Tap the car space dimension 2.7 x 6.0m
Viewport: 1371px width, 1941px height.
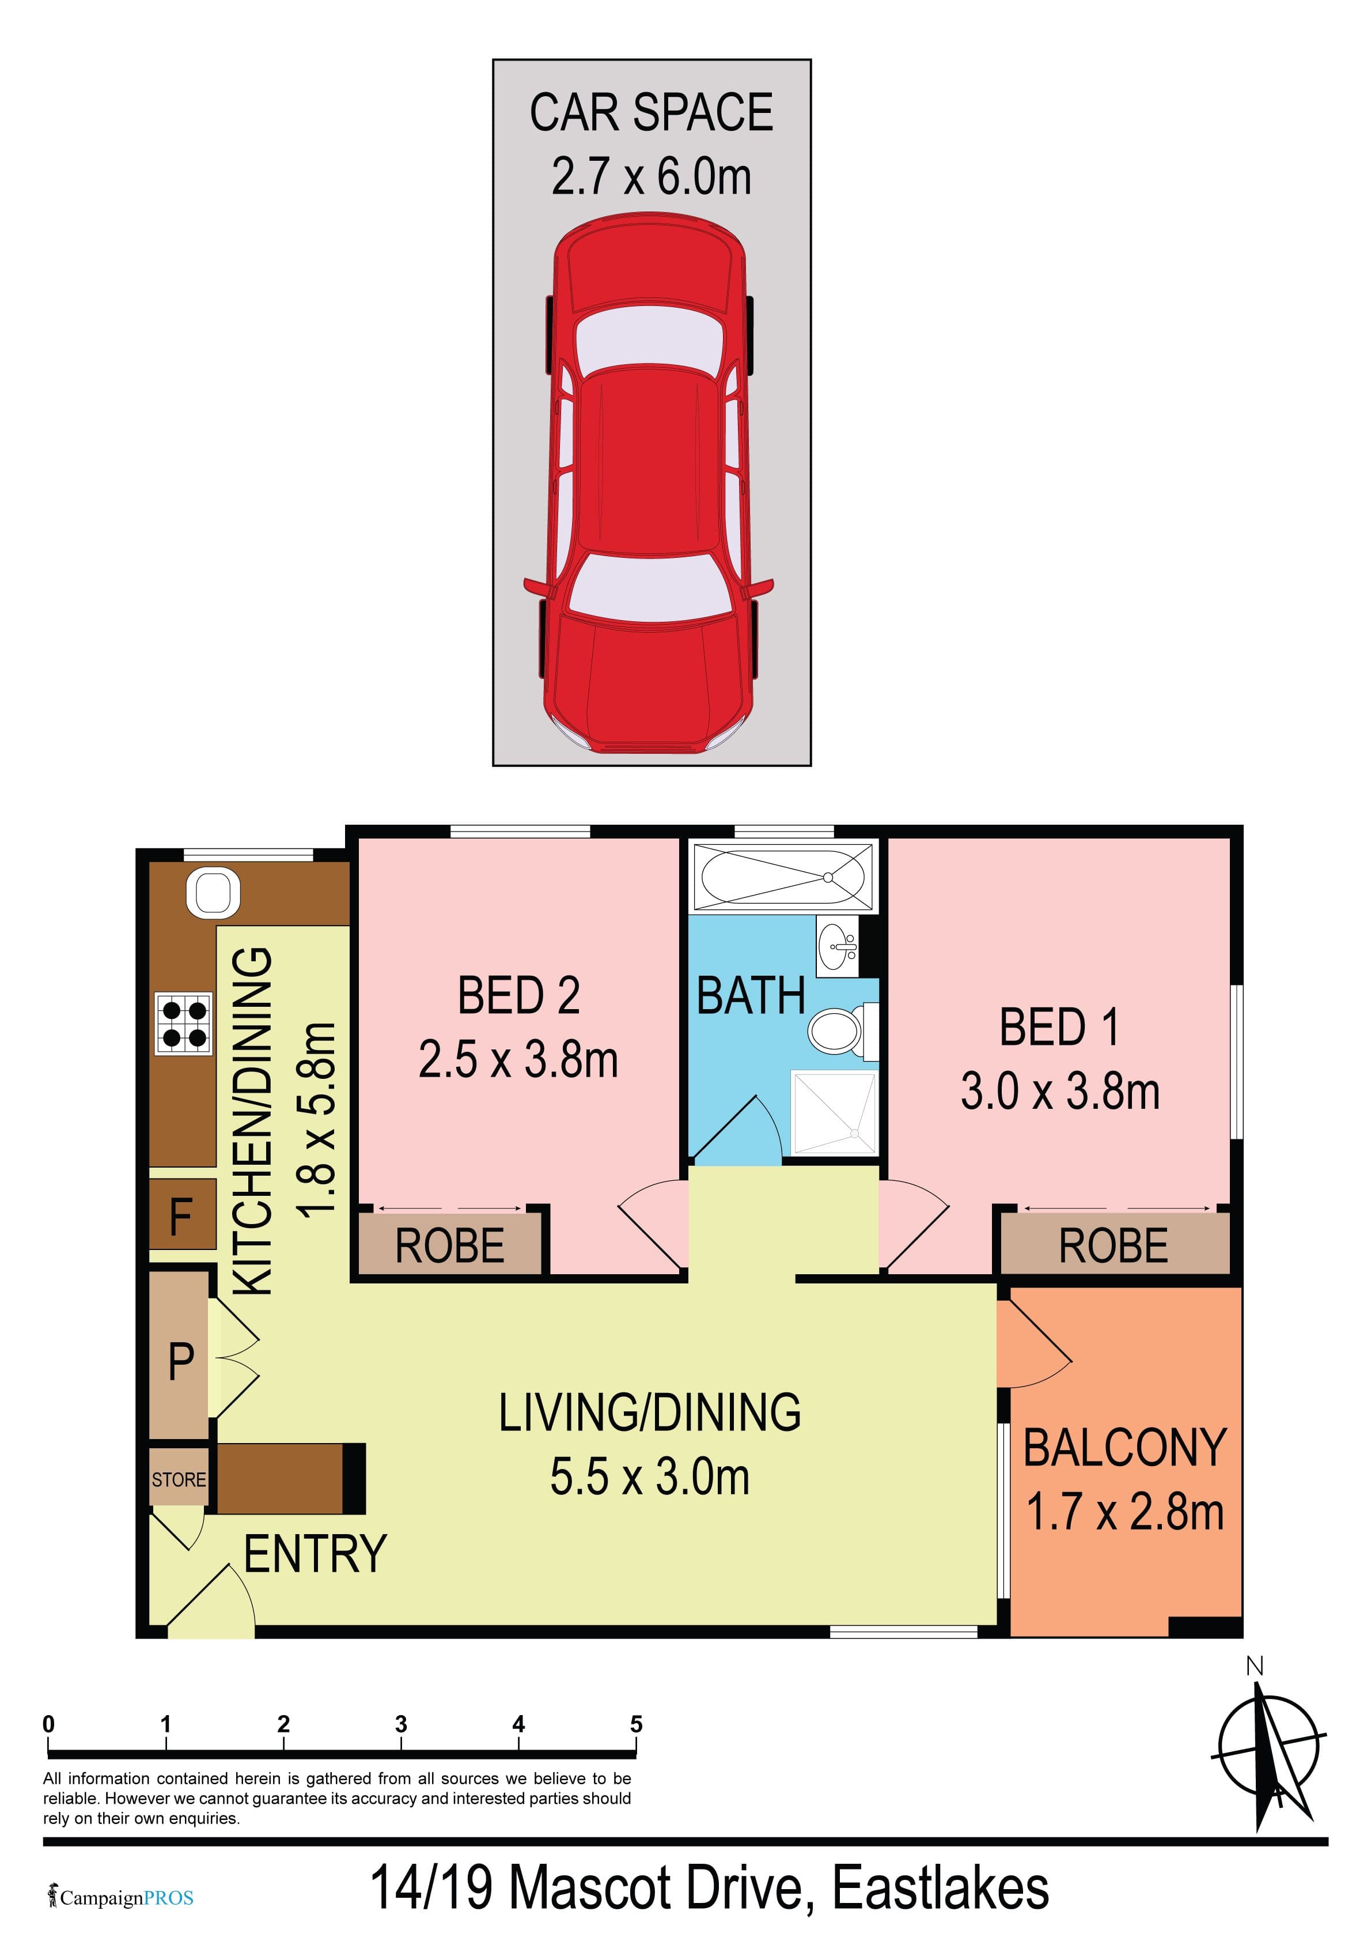point(651,177)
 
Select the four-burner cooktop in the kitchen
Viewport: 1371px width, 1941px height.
point(183,1023)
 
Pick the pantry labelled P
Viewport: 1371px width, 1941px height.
point(179,1362)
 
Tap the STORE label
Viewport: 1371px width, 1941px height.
point(179,1481)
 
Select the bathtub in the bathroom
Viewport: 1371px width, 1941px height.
point(783,878)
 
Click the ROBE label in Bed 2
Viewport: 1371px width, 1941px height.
point(450,1246)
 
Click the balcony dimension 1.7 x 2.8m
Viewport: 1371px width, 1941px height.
point(1125,1512)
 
